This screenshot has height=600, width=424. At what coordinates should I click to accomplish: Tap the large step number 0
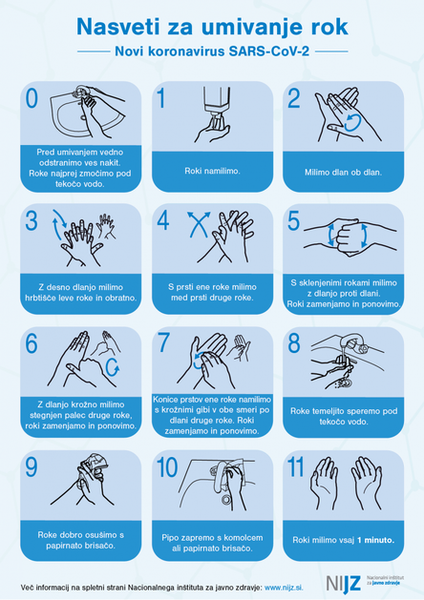tap(32, 98)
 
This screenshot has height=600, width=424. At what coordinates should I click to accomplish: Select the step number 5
tap(293, 220)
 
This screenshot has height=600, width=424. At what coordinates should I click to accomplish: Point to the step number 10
tap(167, 467)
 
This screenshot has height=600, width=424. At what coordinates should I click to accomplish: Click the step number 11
tap(295, 467)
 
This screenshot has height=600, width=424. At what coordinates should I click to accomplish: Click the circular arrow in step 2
tap(352, 122)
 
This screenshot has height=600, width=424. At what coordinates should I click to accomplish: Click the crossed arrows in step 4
tap(199, 224)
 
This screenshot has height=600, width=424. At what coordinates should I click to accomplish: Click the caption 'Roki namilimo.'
tap(212, 171)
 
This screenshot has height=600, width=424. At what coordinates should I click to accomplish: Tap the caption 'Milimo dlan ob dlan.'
tap(343, 173)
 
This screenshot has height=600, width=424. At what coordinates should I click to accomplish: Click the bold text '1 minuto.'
tap(375, 540)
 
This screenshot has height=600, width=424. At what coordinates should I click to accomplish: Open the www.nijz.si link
tap(284, 588)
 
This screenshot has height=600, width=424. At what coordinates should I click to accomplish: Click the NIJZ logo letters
tap(343, 583)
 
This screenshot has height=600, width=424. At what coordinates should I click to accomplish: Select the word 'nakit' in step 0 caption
tap(111, 162)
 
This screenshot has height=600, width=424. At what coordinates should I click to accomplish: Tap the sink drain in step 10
tap(226, 499)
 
